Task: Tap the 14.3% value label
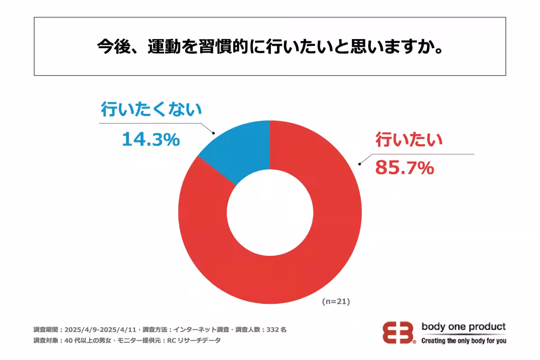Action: tap(151, 140)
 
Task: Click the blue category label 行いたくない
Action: tap(151, 110)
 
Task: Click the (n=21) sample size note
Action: tap(336, 302)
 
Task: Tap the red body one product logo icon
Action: tap(399, 333)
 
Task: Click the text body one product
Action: tap(463, 327)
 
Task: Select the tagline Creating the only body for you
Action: tap(463, 341)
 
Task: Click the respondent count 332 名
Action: tap(276, 329)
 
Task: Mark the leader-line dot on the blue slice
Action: tap(213, 133)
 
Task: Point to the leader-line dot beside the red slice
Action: tap(359, 164)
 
